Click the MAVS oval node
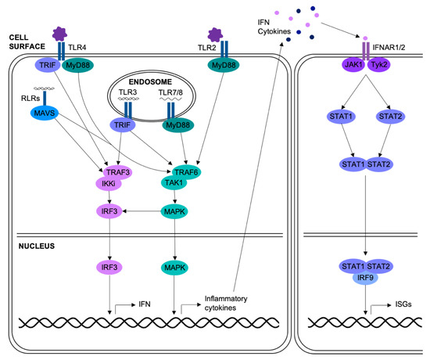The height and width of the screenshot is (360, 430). (44, 113)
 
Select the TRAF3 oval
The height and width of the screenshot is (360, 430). (117, 172)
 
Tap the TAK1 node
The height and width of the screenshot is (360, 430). (174, 182)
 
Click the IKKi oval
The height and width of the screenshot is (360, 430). (109, 183)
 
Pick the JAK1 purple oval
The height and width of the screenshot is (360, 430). (353, 65)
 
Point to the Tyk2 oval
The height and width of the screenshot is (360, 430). (379, 65)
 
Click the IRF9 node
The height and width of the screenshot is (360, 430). (365, 278)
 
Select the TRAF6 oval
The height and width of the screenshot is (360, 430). (186, 172)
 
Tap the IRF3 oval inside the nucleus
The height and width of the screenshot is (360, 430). (109, 267)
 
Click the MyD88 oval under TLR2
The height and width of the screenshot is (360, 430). (224, 66)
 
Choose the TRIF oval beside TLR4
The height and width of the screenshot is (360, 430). (48, 65)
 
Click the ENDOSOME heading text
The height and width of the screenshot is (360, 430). (150, 82)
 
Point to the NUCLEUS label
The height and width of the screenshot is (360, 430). (37, 246)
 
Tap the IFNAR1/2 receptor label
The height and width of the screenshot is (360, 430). (389, 48)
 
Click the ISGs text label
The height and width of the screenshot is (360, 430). (403, 304)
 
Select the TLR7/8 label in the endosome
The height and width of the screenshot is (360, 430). (170, 92)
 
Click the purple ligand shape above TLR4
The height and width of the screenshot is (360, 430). (59, 34)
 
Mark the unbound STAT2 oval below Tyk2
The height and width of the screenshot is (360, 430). (390, 117)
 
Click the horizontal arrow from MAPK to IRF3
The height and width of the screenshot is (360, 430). (142, 211)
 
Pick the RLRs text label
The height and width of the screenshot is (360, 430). (30, 98)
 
